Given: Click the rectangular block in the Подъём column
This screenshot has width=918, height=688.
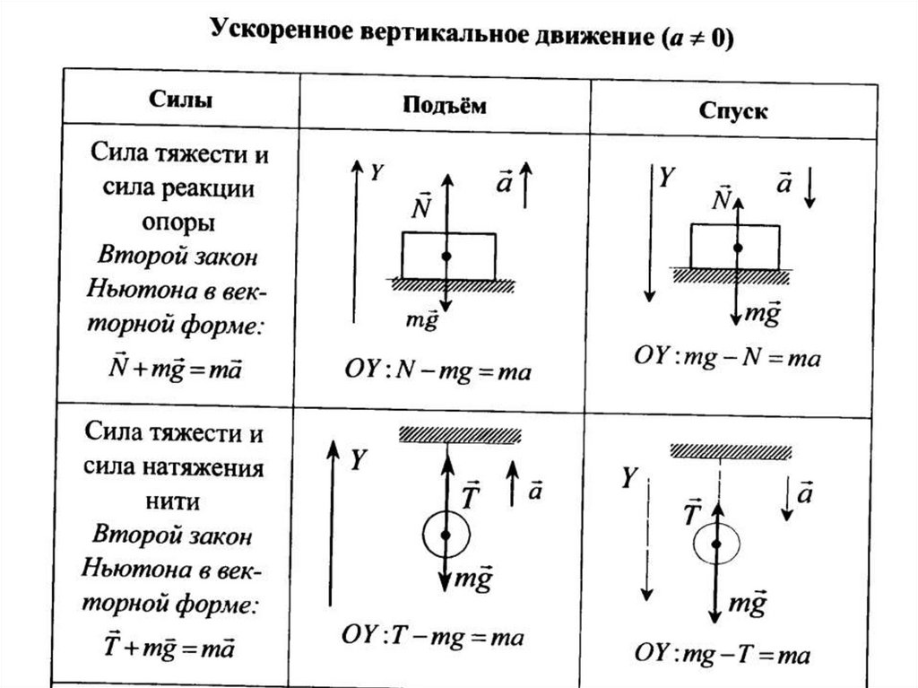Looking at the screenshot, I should (448, 256).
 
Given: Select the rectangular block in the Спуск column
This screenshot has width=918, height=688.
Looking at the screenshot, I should (734, 247).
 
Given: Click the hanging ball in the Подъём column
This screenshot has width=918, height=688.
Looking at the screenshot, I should (446, 536).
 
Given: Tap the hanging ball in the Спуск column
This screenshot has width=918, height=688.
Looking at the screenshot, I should (716, 544).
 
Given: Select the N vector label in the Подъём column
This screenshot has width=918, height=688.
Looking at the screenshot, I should (421, 205).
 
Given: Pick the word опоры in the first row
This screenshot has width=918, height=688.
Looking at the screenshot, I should (180, 222).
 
